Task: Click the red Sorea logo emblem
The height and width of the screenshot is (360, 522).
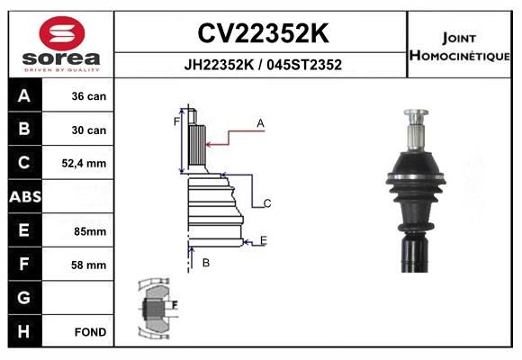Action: tap(62, 33)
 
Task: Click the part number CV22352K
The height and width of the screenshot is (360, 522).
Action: tap(263, 33)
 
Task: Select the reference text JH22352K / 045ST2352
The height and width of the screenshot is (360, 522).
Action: tap(263, 65)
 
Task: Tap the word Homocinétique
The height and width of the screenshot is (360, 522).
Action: tap(459, 55)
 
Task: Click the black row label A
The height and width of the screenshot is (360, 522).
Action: tap(24, 95)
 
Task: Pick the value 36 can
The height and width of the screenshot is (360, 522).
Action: tap(89, 96)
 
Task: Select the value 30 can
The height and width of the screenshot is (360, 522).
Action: tap(89, 130)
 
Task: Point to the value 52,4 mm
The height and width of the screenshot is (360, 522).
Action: tap(84, 163)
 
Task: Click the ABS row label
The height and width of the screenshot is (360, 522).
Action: tap(25, 197)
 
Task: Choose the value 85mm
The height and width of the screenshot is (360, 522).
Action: tap(90, 231)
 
